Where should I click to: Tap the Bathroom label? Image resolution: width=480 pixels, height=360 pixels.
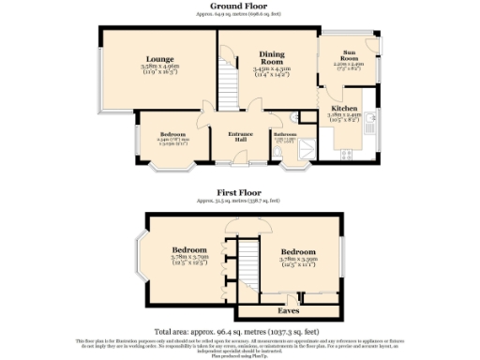(285, 134)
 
